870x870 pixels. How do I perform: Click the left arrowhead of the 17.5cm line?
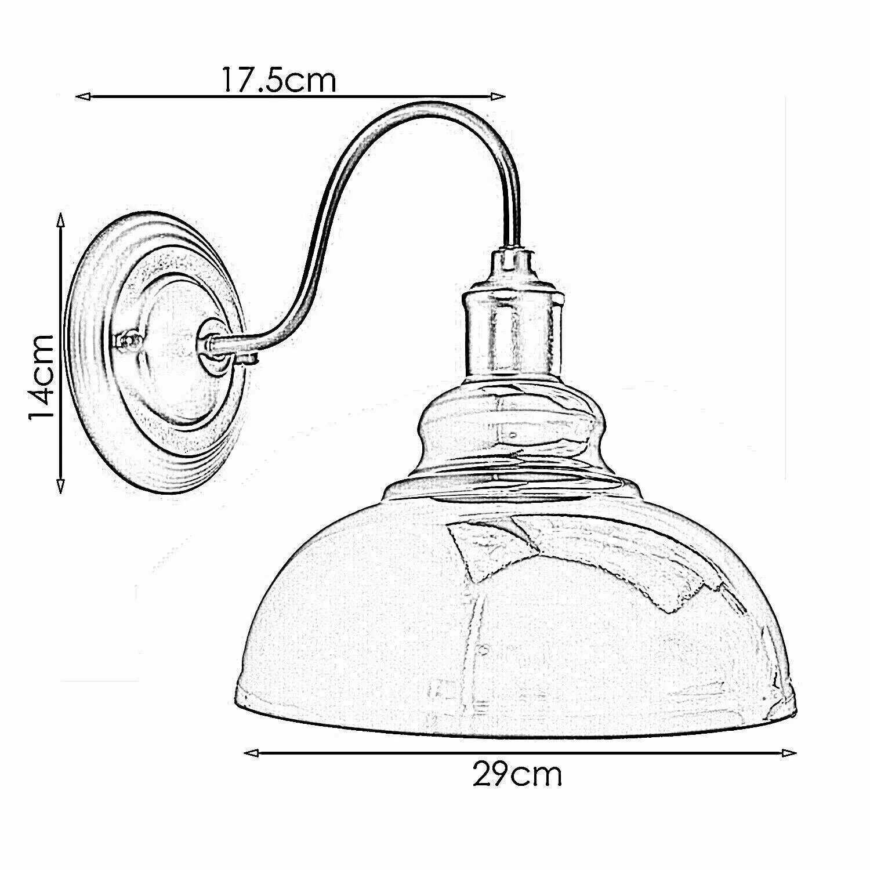84,97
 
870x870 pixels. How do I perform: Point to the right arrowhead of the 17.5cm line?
498,97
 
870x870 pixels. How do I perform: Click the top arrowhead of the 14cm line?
60,220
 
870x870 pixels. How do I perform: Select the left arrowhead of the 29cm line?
251,753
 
